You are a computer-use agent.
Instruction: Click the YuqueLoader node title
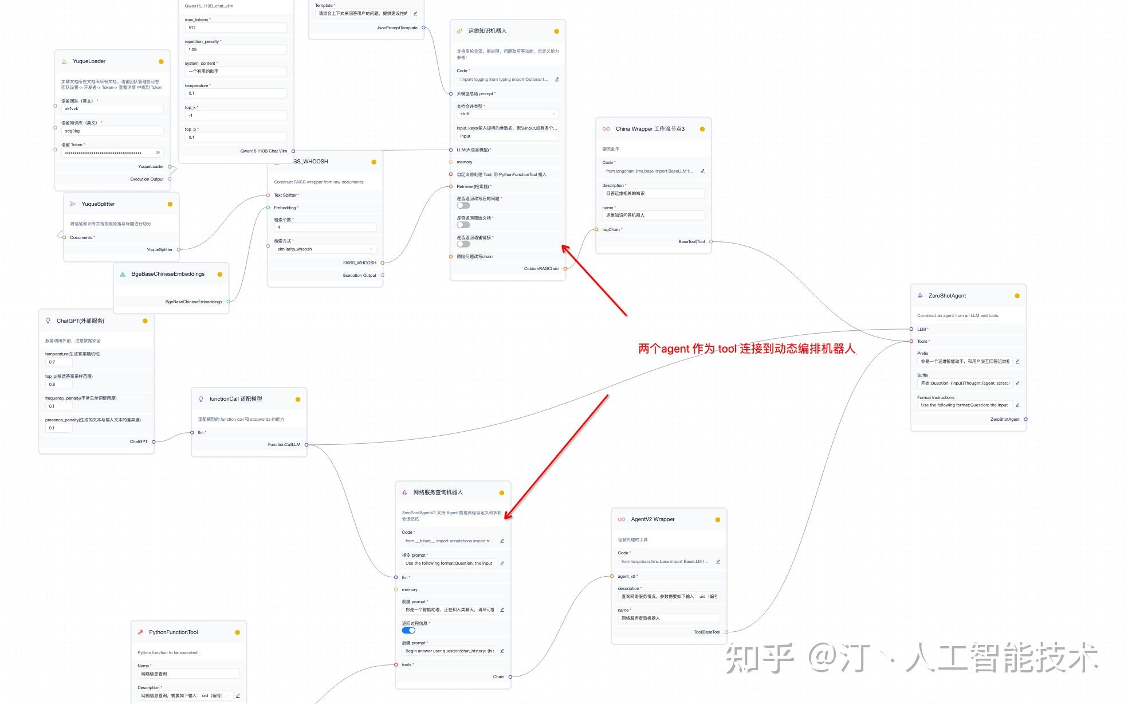coord(89,61)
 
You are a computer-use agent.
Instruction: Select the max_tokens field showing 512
coord(235,28)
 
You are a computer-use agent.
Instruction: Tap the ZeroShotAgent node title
coord(947,296)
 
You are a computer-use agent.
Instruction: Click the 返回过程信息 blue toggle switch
coord(408,631)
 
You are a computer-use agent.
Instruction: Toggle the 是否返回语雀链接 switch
coord(463,244)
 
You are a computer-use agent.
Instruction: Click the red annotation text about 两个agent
coord(746,349)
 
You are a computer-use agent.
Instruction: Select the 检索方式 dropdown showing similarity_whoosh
coord(325,249)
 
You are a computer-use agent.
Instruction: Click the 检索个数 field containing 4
coord(325,228)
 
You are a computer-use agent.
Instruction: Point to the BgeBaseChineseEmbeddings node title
coord(168,274)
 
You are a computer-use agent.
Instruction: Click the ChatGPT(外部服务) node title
coord(80,321)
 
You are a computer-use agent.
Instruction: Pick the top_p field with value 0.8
coord(58,385)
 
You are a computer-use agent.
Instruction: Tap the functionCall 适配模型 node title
coord(235,399)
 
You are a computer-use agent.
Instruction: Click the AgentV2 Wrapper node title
coord(653,519)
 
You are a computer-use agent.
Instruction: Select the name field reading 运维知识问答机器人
coord(653,216)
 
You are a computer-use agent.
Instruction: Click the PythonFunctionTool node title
coord(173,632)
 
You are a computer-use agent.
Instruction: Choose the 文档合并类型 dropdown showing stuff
coord(507,114)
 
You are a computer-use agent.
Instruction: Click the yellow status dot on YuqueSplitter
coord(170,204)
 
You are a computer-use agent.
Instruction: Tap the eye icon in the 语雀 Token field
coord(158,153)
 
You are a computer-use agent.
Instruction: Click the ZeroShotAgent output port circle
coord(1025,420)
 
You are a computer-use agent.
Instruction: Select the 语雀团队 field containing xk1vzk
coord(112,109)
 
